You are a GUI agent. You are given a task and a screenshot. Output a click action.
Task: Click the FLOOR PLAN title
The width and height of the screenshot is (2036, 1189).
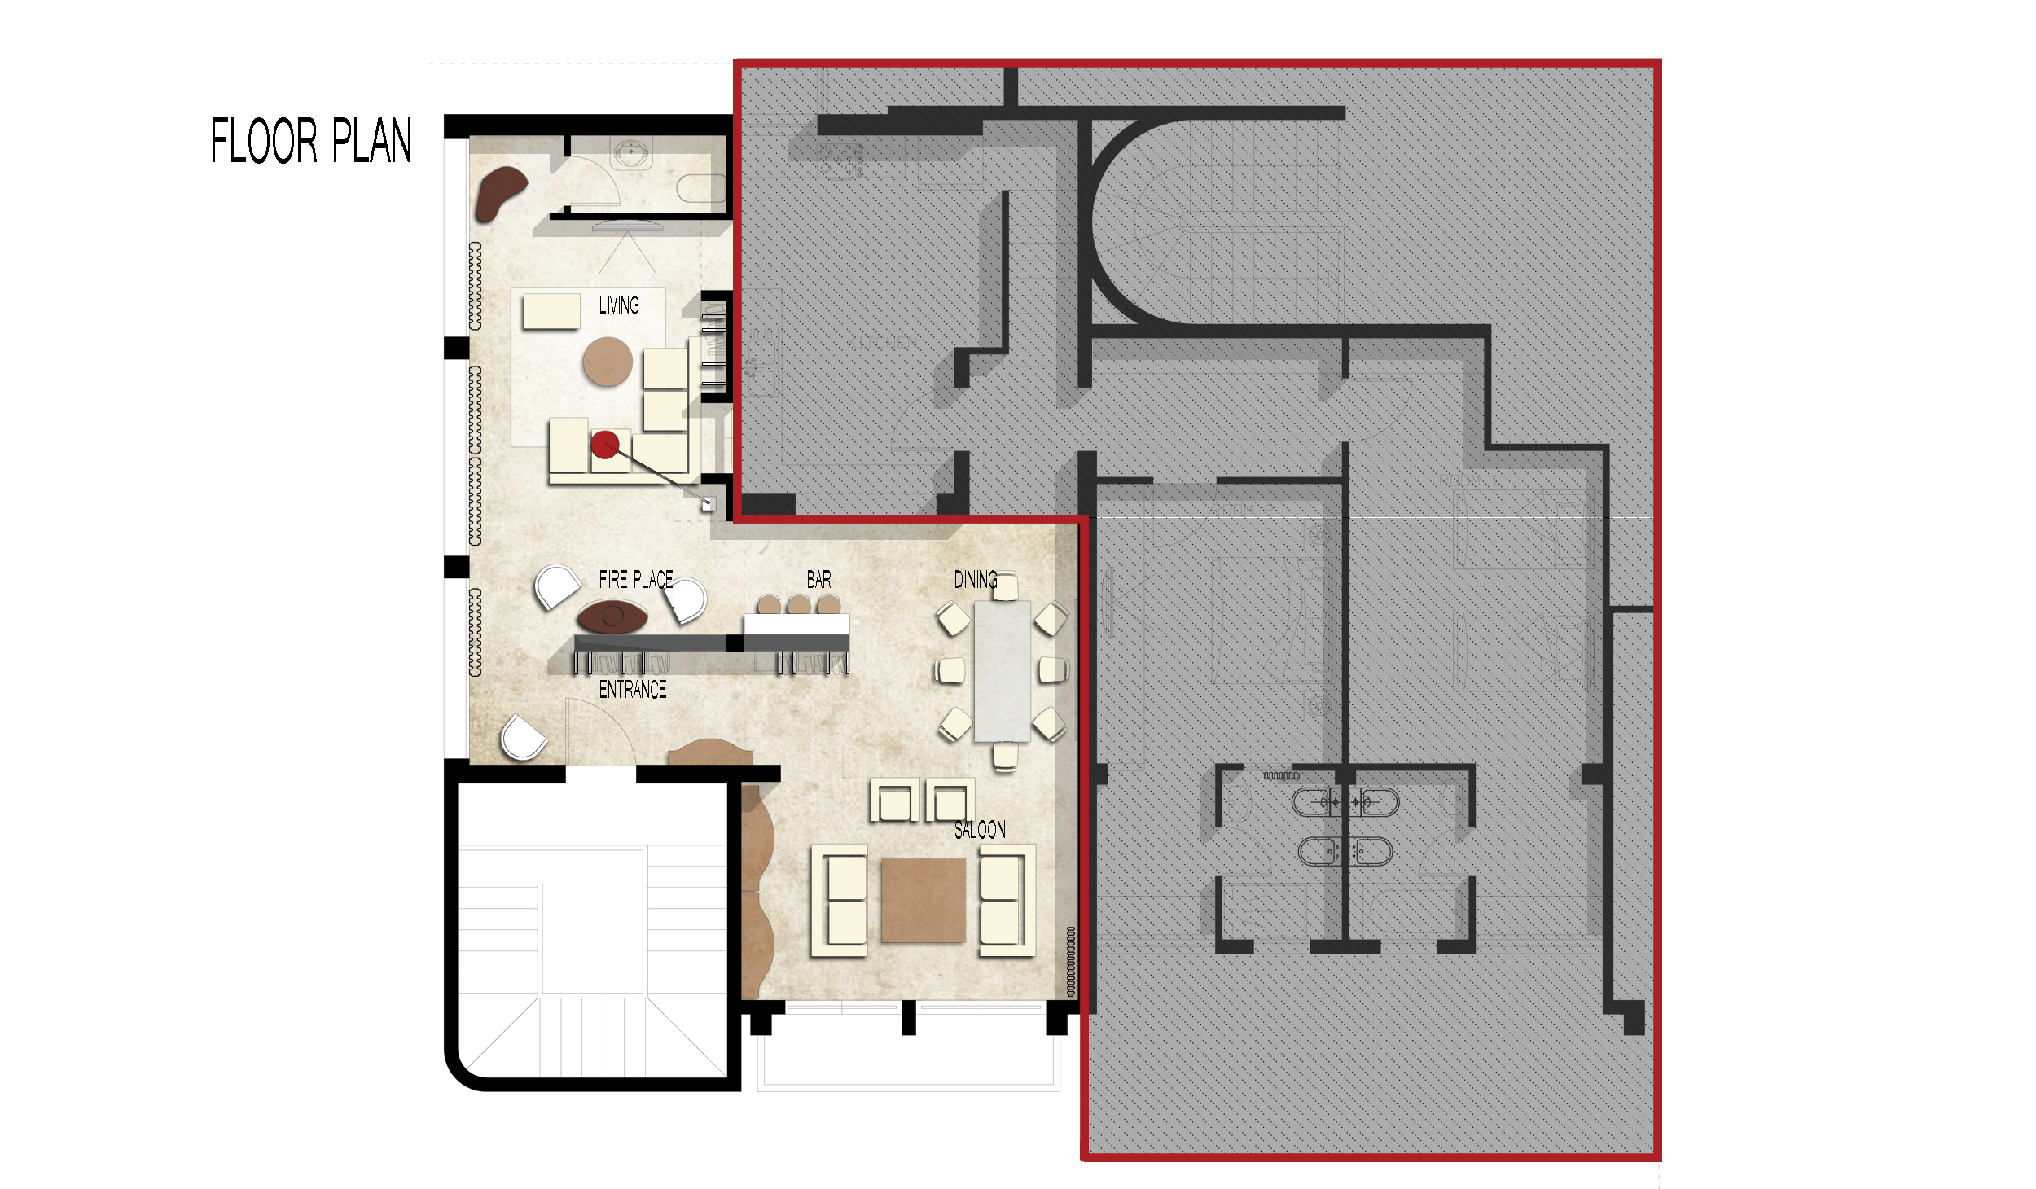pyautogui.click(x=311, y=141)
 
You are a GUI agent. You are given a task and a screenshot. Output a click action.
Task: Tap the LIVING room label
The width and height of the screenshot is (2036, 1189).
pyautogui.click(x=619, y=305)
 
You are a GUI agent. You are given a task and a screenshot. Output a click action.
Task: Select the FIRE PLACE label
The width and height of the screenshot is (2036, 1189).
pyautogui.click(x=636, y=580)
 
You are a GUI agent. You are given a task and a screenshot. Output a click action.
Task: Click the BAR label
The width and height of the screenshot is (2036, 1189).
pyautogui.click(x=818, y=580)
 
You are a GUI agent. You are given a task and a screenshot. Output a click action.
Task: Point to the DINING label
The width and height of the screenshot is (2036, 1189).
pyautogui.click(x=976, y=580)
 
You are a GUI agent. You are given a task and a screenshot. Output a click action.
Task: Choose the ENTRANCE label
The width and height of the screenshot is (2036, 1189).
pyautogui.click(x=633, y=690)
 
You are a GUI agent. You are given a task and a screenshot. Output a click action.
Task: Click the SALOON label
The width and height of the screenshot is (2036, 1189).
pyautogui.click(x=980, y=830)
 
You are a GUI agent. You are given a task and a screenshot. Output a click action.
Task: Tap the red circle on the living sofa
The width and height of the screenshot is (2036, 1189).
pyautogui.click(x=605, y=445)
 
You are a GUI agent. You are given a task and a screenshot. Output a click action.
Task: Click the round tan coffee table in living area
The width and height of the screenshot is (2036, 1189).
pyautogui.click(x=608, y=361)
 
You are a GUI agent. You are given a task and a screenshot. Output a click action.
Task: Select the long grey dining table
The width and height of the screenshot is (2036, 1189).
pyautogui.click(x=1003, y=671)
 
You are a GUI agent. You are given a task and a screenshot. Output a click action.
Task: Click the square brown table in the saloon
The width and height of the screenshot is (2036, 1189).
pyautogui.click(x=924, y=900)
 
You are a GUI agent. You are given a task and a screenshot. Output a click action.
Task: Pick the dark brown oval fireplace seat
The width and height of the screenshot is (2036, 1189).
pyautogui.click(x=612, y=616)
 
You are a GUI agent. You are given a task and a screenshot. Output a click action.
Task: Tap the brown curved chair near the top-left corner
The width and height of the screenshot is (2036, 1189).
pyautogui.click(x=499, y=193)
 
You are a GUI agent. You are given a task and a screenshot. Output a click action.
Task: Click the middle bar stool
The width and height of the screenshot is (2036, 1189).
pyautogui.click(x=798, y=605)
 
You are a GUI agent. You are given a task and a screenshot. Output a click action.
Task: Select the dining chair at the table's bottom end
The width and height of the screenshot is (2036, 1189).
pyautogui.click(x=1006, y=756)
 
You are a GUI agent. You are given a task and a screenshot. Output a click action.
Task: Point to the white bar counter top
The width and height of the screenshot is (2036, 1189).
pyautogui.click(x=796, y=625)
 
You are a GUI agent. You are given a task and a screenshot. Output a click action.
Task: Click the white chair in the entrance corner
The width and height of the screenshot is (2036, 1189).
pyautogui.click(x=521, y=738)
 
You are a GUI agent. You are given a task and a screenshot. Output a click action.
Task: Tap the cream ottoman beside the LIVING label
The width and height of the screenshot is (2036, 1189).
pyautogui.click(x=551, y=311)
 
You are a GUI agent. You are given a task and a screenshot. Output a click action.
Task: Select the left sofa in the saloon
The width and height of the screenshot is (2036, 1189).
pyautogui.click(x=840, y=900)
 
